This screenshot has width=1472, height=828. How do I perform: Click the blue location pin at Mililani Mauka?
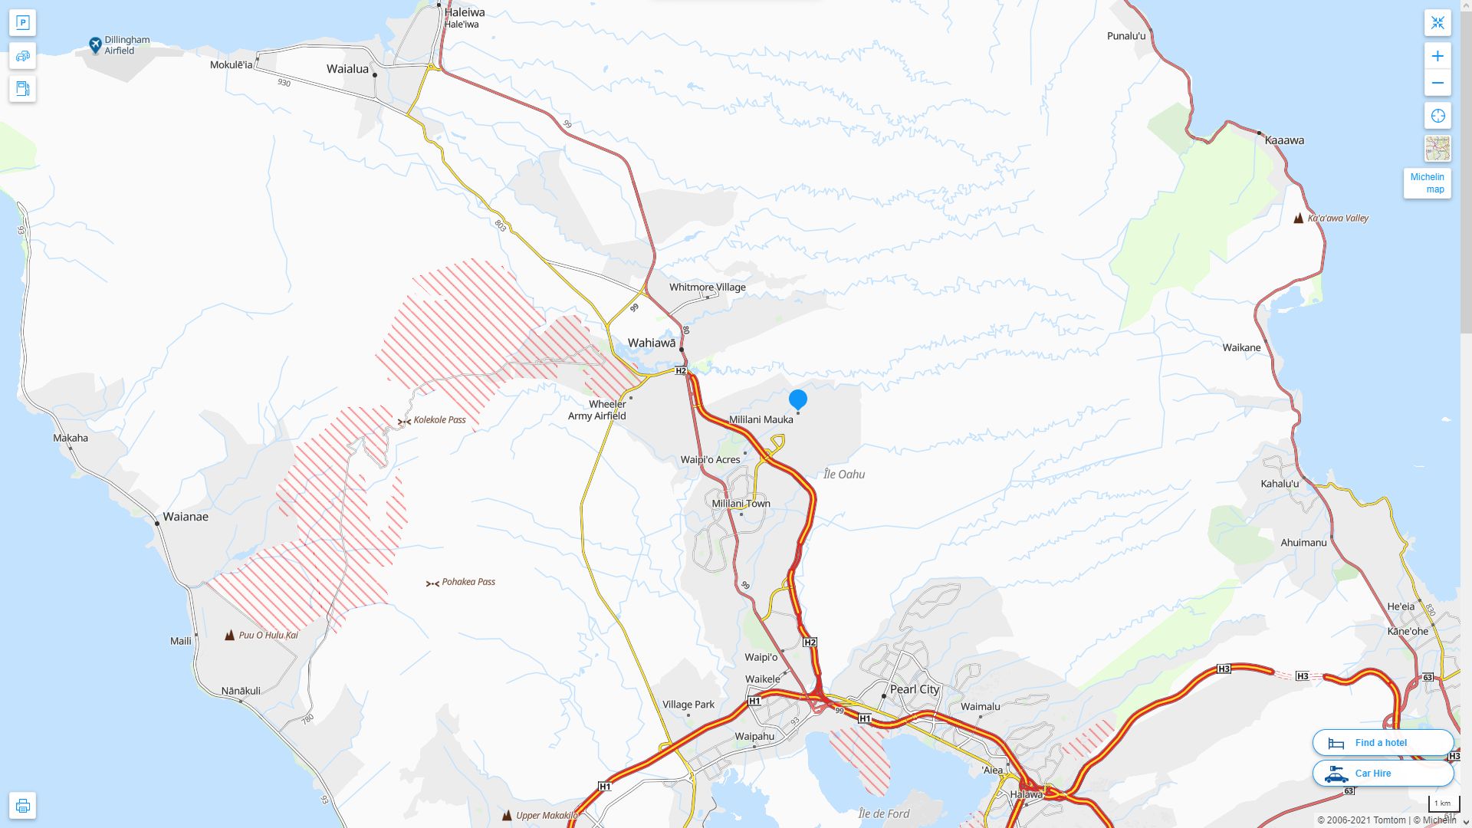[x=798, y=399]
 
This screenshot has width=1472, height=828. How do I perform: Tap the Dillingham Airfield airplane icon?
[x=95, y=45]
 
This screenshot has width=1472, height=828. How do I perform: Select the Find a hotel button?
[x=1382, y=743]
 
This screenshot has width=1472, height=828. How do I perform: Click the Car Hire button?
[x=1382, y=774]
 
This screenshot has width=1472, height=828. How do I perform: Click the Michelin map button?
[x=1427, y=183]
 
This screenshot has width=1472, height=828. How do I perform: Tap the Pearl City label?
[x=914, y=689]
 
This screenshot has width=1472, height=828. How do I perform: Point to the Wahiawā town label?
[x=652, y=343]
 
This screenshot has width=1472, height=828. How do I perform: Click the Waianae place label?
[x=186, y=517]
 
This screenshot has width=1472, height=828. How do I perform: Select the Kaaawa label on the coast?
[x=1284, y=140]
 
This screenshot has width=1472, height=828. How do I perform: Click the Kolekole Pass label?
[x=439, y=420]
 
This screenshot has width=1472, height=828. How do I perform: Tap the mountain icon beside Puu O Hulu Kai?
[x=229, y=635]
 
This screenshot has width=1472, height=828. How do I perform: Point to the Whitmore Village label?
[x=707, y=287]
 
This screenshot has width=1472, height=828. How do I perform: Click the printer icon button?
[x=22, y=806]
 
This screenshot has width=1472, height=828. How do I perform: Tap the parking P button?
[x=22, y=23]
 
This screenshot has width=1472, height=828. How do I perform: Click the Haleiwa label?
[x=465, y=12]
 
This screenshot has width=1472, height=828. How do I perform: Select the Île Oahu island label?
[x=844, y=475]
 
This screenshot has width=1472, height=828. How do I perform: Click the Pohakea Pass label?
[x=468, y=582]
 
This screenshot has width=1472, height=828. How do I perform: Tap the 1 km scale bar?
[x=1443, y=804]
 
